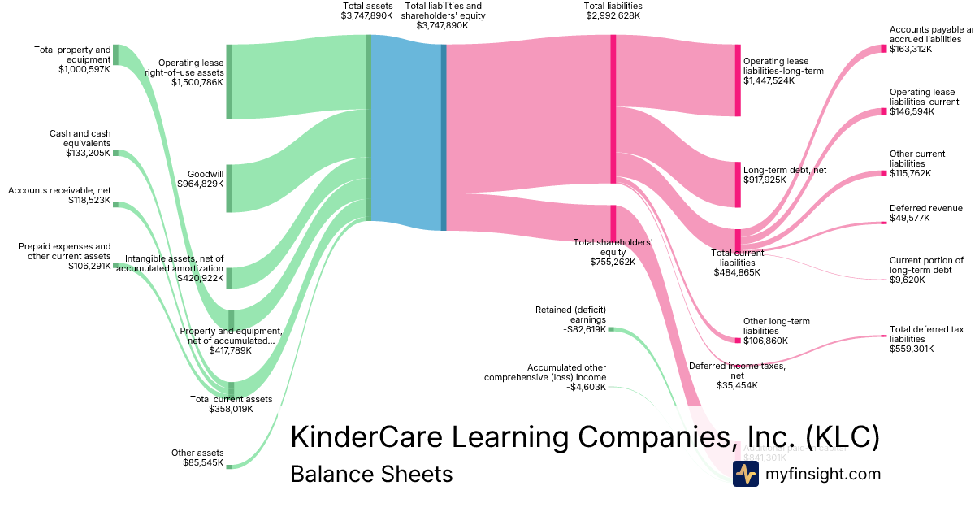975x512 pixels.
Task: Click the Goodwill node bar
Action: coord(229,188)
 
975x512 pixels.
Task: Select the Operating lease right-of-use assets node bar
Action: coord(229,81)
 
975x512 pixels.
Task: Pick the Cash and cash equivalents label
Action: coord(80,138)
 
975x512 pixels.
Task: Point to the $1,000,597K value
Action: coord(84,70)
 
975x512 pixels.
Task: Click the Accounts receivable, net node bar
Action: coord(115,204)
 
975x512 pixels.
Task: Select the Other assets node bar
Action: coord(229,466)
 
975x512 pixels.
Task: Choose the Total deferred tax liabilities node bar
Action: coord(884,335)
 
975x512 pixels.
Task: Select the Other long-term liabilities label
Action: coord(771,326)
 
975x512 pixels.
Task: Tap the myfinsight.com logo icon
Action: coord(745,474)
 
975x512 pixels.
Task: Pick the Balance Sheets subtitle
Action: coord(371,474)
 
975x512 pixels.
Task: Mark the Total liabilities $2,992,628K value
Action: coord(612,15)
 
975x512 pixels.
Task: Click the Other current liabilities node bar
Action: coord(884,173)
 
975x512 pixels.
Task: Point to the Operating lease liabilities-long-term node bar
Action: coord(738,80)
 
